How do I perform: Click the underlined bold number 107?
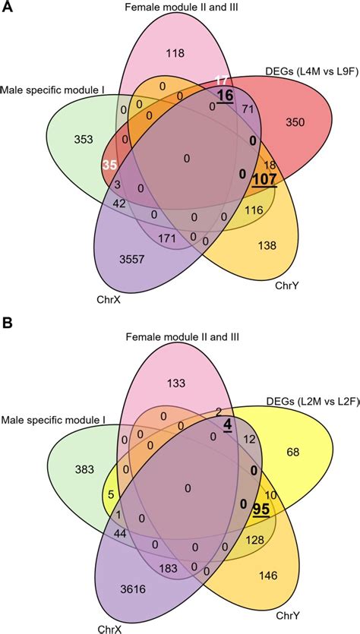[x=264, y=180]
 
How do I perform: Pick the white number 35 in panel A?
[x=110, y=163]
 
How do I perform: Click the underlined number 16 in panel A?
[x=224, y=95]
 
